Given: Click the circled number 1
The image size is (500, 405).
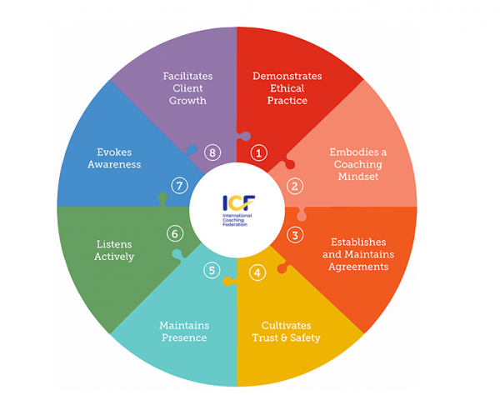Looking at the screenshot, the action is [x=258, y=152].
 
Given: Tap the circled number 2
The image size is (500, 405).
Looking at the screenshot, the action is [x=295, y=186].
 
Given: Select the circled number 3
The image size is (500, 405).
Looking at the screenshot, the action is [x=295, y=235].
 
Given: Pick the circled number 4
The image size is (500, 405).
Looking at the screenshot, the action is [x=257, y=272].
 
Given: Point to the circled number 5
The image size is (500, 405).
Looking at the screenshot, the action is [x=212, y=271].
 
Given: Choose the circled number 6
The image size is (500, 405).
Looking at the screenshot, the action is [x=175, y=233].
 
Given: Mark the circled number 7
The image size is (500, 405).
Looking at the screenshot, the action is [x=179, y=186].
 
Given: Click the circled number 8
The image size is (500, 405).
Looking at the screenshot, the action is [x=212, y=152].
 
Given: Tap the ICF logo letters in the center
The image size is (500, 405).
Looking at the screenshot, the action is [x=239, y=202].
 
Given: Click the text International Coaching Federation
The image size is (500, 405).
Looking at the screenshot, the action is [x=237, y=220].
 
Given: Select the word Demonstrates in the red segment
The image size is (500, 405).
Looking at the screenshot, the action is [x=287, y=76].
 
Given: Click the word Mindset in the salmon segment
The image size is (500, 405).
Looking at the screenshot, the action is [x=358, y=177].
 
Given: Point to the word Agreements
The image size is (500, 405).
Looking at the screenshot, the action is [x=358, y=267].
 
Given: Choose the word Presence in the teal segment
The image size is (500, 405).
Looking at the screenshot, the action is [x=184, y=337].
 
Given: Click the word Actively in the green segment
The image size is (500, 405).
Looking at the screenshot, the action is [x=114, y=257].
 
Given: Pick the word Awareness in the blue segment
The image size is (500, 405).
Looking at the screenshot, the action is [x=114, y=164].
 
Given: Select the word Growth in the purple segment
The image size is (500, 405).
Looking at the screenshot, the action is [x=187, y=101].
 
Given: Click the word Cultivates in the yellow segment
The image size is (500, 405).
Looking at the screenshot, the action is [x=287, y=325].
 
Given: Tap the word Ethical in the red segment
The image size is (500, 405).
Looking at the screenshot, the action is [x=287, y=88].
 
